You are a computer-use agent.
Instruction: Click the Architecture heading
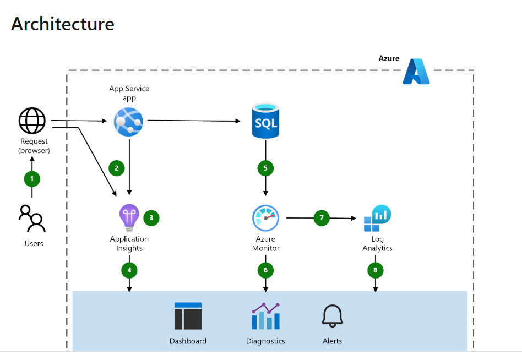click(63, 24)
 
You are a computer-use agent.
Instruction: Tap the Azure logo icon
click(416, 72)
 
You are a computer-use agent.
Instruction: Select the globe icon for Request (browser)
click(32, 121)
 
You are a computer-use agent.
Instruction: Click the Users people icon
click(32, 219)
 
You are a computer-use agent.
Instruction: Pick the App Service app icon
click(128, 121)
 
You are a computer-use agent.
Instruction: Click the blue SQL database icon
click(265, 122)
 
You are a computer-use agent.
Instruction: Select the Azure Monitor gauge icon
click(266, 219)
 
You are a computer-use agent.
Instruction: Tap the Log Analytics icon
click(377, 219)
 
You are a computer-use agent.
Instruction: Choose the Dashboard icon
click(188, 316)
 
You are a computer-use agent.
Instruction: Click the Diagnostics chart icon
click(265, 316)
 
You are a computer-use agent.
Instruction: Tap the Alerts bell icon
click(332, 316)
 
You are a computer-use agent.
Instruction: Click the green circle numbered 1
click(32, 179)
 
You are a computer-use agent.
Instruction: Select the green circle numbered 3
click(151, 218)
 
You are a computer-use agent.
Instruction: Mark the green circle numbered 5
click(266, 168)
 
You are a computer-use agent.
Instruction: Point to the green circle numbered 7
click(322, 218)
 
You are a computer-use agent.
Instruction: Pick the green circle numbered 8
click(376, 270)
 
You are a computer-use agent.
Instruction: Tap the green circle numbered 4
click(129, 270)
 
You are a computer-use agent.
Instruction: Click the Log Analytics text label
click(377, 244)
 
